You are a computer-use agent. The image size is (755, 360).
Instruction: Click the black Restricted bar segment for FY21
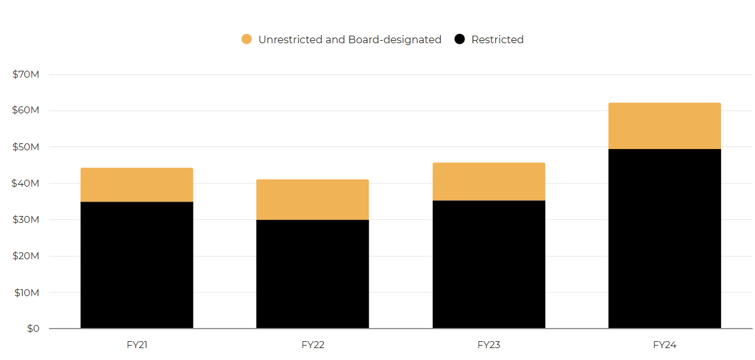coord(136,265)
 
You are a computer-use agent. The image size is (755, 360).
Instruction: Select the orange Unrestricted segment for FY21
coord(136,185)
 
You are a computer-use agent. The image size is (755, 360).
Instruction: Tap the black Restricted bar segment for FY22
coord(312,274)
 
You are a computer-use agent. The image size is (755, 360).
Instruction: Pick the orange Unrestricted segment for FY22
coord(312,200)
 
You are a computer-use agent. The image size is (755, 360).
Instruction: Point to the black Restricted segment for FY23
coord(488,264)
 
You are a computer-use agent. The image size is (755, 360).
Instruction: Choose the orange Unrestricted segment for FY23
coord(488,182)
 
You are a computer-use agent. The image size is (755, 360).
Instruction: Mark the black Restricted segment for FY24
coord(664,239)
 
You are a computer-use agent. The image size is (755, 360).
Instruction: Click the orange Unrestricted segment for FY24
coord(664,126)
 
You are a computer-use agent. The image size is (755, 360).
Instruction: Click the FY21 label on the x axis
coord(136,345)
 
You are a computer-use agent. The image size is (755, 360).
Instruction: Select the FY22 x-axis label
coord(312,345)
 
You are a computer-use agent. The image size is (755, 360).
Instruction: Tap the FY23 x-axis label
coord(488,345)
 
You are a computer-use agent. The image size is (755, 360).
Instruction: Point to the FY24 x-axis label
coord(664,345)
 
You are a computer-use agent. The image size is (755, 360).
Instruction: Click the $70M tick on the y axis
coord(26,75)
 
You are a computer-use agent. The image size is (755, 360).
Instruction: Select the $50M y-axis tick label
coord(26,147)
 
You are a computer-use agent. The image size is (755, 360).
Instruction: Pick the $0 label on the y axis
coord(33,329)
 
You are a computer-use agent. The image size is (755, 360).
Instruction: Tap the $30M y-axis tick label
coord(26,220)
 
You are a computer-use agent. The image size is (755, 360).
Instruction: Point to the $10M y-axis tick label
coord(26,292)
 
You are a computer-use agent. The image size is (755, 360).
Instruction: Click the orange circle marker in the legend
coord(247,39)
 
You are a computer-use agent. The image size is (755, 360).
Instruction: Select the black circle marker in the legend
coord(460,39)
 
